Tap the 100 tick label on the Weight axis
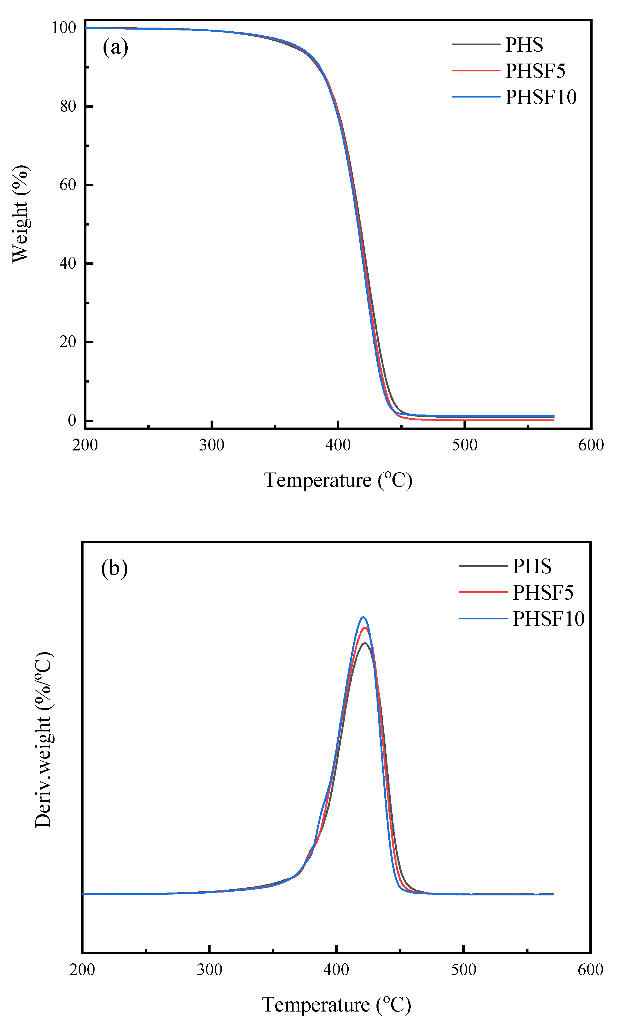point(64,28)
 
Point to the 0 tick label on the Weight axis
point(72,421)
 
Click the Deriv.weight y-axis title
point(43,740)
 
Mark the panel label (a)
point(115,47)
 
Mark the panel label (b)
point(114,568)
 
